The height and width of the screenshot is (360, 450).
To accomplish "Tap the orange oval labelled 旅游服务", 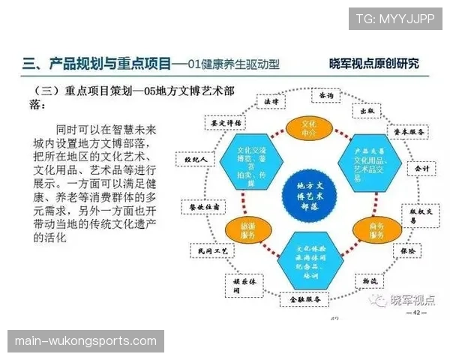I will [249, 234].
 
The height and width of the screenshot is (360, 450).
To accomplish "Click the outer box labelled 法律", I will [271, 100].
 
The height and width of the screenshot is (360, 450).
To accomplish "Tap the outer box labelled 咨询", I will [325, 97].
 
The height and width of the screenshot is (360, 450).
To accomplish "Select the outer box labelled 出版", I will [367, 110].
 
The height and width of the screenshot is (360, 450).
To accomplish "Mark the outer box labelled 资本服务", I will [409, 131].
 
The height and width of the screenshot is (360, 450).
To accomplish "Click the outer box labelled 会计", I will [422, 169].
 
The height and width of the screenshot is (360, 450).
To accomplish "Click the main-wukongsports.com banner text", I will [86, 341].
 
